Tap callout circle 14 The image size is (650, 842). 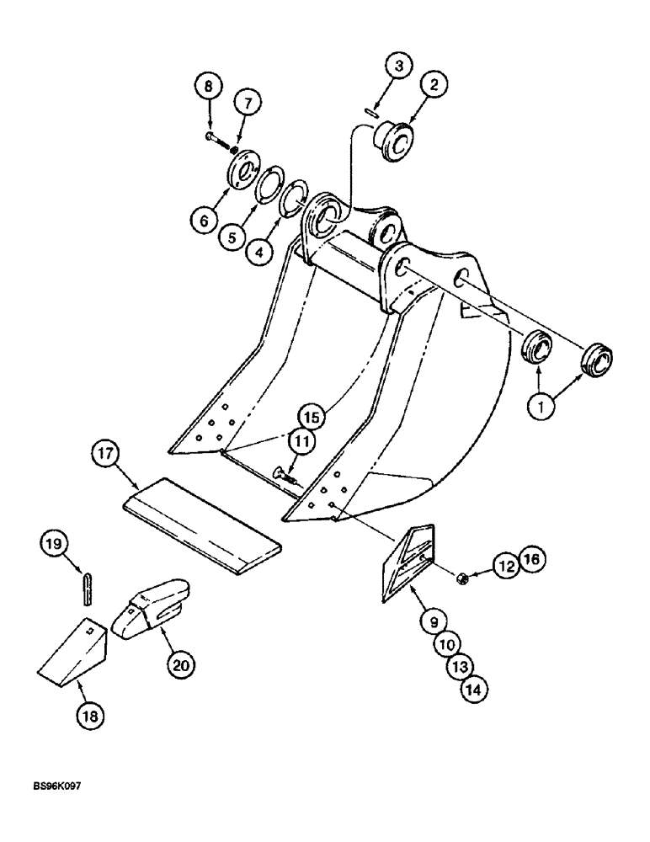click(x=474, y=690)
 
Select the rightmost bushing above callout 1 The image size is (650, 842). click(x=596, y=357)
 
